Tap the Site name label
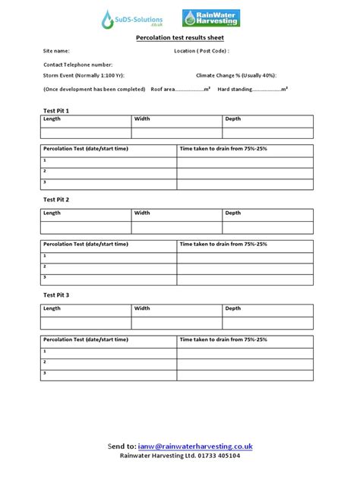(56, 51)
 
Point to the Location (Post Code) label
(201, 51)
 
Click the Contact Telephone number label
(77, 65)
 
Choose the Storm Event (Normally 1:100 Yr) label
(84, 76)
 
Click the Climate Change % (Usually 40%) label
(236, 76)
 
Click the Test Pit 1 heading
(56, 110)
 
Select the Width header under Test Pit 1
(142, 119)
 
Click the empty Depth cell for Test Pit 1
(267, 133)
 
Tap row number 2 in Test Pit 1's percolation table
(46, 172)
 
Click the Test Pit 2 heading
(56, 199)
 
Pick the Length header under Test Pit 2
(52, 213)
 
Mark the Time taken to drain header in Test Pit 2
(223, 244)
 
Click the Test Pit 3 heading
(56, 294)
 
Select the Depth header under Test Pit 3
(232, 308)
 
